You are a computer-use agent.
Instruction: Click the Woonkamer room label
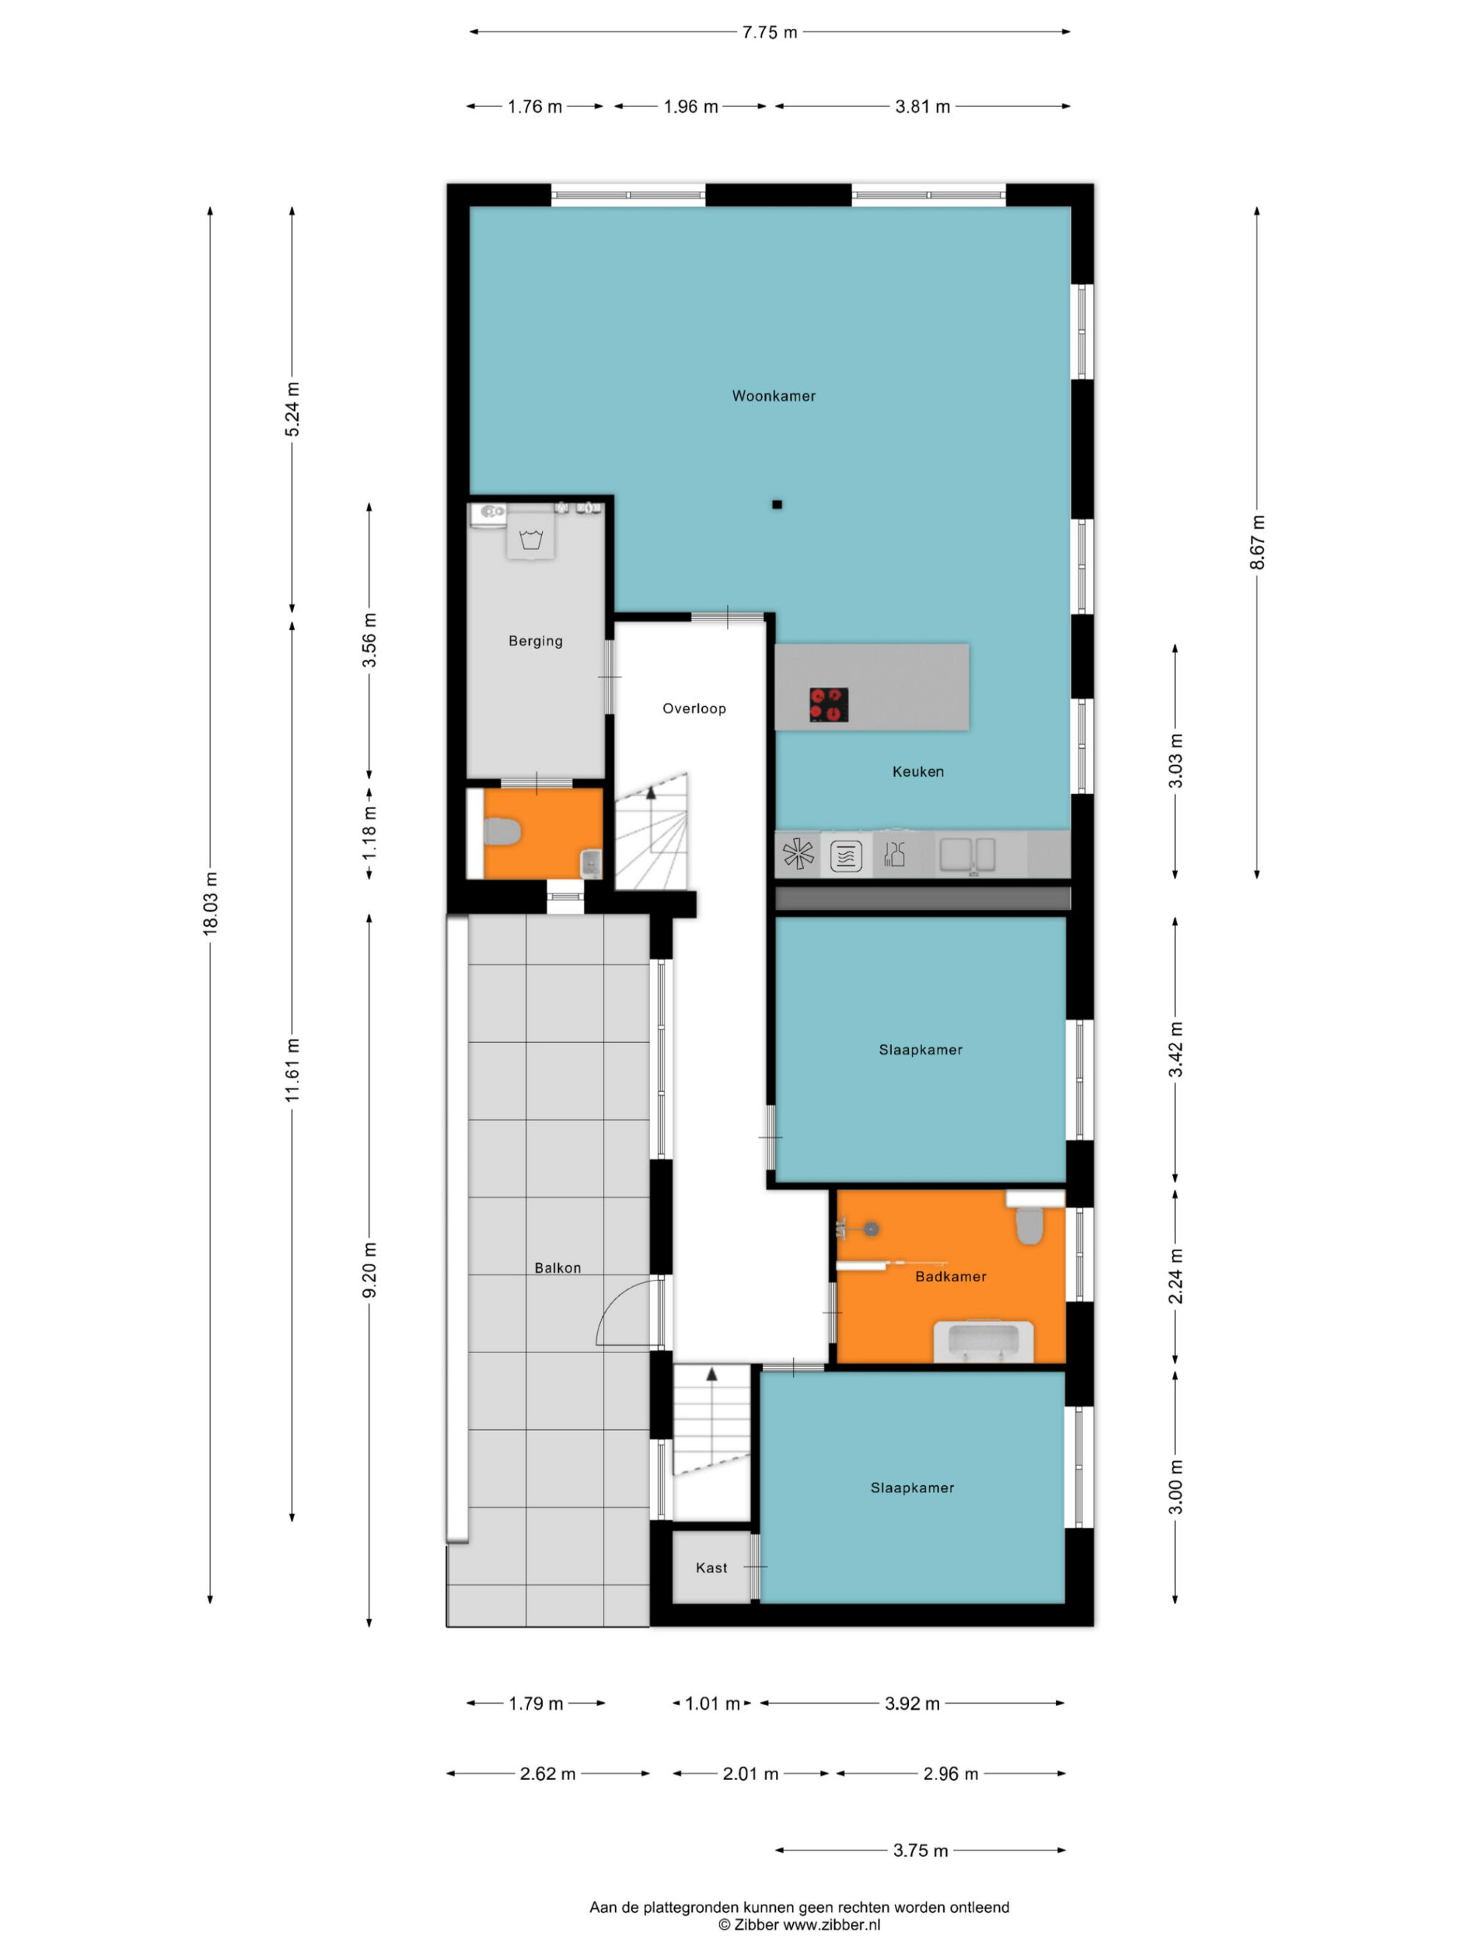[774, 396]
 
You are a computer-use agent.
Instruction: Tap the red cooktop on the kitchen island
[829, 705]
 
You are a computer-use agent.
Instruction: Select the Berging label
[535, 641]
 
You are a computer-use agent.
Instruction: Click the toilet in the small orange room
[502, 832]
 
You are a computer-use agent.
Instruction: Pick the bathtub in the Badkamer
[984, 1341]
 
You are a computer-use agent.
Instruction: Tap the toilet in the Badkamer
[1029, 1226]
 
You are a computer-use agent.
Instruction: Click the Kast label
[711, 1568]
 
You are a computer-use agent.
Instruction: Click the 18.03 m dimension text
[211, 903]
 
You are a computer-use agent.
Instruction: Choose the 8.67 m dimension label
[1256, 542]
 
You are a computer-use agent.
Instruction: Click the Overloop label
[694, 708]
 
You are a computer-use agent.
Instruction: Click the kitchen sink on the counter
[967, 855]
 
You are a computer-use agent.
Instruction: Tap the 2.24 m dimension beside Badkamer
[1175, 1276]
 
